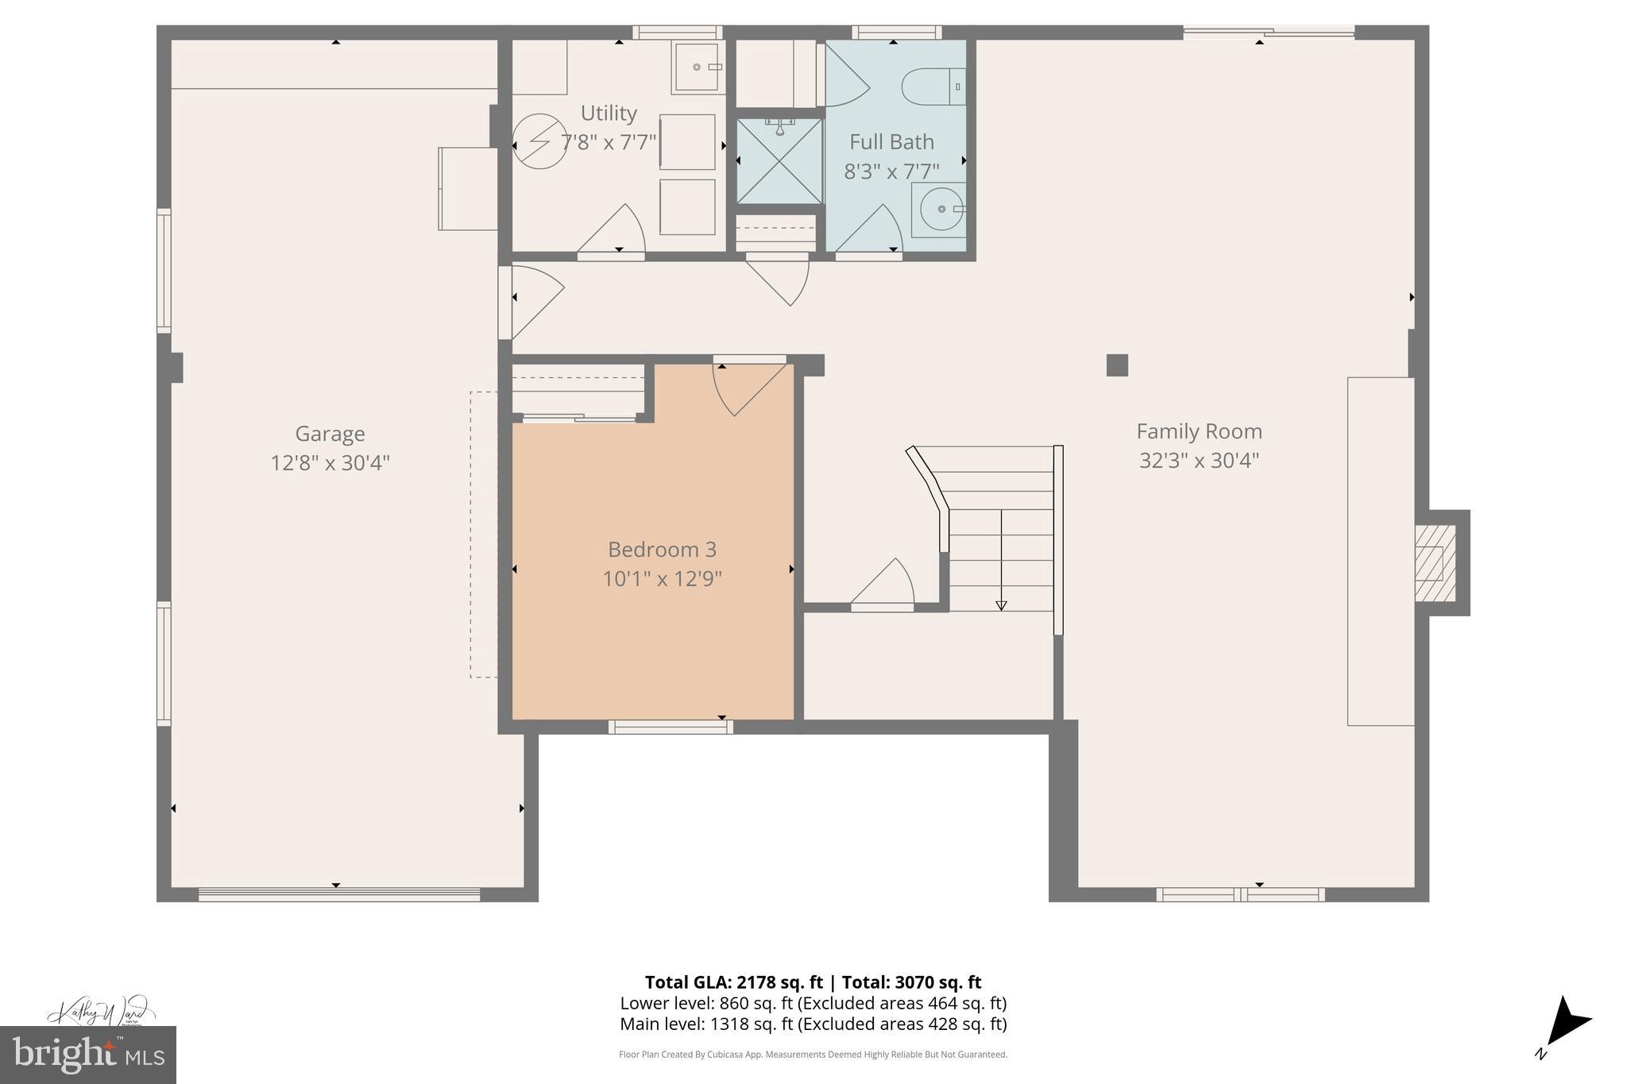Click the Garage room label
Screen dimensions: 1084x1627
pos(330,434)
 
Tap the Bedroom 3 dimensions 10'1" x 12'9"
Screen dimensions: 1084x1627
pos(662,579)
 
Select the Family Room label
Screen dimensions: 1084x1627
pos(1199,431)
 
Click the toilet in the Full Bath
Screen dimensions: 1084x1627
pos(933,87)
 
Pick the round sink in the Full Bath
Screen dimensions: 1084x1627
pos(939,209)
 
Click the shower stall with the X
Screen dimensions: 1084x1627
pos(779,160)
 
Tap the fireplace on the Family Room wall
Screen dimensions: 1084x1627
pos(1435,563)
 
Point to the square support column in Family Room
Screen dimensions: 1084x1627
pos(1117,365)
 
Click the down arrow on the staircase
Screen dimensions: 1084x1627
pos(1001,605)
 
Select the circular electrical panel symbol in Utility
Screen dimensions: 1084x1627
pos(539,141)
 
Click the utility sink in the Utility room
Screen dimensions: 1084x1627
pos(697,68)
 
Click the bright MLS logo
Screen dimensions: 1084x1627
pos(88,1055)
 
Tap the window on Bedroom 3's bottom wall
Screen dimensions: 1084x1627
pos(671,727)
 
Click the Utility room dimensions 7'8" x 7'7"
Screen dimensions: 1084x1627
pos(609,142)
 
